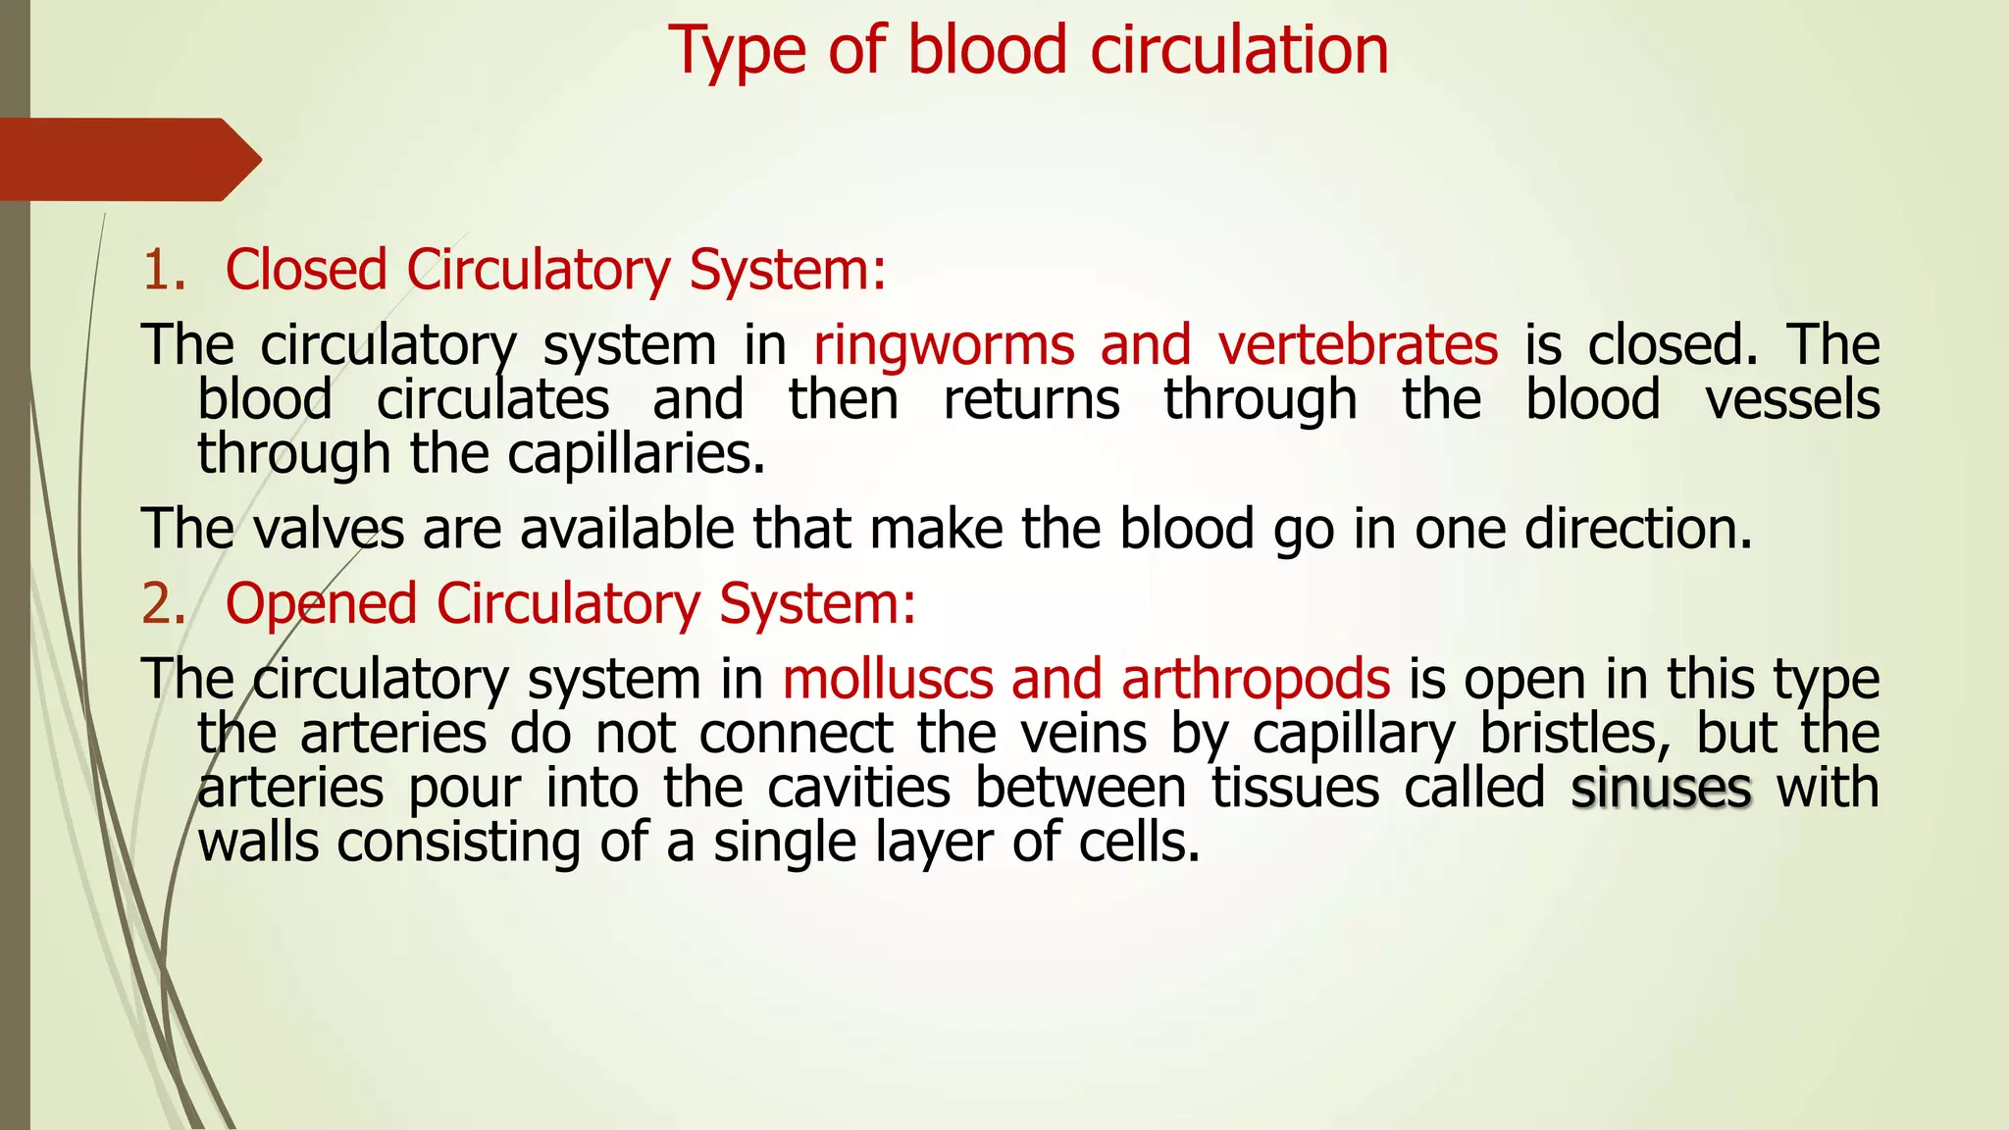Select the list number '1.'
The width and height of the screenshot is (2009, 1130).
(x=164, y=270)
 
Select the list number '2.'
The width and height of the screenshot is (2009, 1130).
(x=164, y=603)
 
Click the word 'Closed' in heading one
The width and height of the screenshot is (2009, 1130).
(x=306, y=270)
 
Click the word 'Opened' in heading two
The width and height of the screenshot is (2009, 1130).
(x=321, y=603)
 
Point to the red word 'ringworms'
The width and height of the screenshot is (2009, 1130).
(x=944, y=346)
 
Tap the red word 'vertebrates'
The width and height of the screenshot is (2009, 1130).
(x=1358, y=345)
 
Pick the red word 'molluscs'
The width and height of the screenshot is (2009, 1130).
(x=888, y=679)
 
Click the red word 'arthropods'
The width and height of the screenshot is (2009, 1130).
(x=1256, y=679)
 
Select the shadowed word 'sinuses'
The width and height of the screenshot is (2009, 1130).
(x=1661, y=789)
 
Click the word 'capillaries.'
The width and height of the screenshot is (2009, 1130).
(x=636, y=454)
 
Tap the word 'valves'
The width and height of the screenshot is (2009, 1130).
(x=329, y=529)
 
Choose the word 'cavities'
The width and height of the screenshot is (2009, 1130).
(x=858, y=789)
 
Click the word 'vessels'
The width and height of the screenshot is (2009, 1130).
(x=1792, y=400)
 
